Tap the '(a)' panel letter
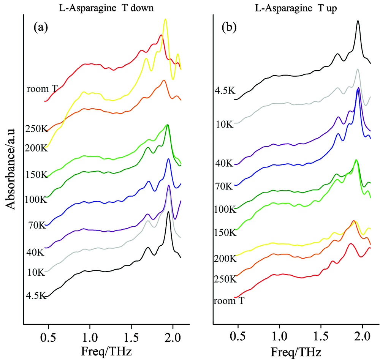tap(41, 27)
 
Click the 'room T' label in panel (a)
tap(42, 89)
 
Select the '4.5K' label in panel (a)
tap(36, 295)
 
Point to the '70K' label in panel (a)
tap(37, 226)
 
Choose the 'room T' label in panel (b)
tap(228, 301)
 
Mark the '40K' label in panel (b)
tap(224, 163)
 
